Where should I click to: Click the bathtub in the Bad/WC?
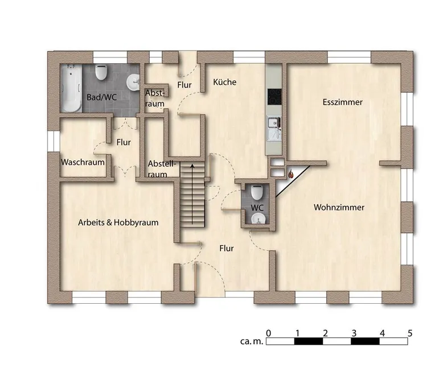coord(71,88)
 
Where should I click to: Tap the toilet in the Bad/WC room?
coord(101,72)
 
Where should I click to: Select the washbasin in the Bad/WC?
coord(133,82)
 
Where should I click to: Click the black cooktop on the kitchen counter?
coord(274,97)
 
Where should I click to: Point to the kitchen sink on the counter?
coord(274,128)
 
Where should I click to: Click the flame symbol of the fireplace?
coord(290,174)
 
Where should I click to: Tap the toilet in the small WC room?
coord(257,192)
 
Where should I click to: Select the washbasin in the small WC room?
coord(259,219)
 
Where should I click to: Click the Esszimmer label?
coord(342,102)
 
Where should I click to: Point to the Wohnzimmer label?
coord(339,207)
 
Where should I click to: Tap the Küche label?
coord(225,82)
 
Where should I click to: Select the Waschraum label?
coord(83,162)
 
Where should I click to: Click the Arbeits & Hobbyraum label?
coord(118,222)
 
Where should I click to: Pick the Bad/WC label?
coord(102,97)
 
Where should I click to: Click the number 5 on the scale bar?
coord(410,333)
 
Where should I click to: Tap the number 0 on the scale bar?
coord(268,333)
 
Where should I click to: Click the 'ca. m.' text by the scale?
coord(252,341)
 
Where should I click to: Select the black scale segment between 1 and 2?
coord(309,341)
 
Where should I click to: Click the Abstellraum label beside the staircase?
coord(162,169)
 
